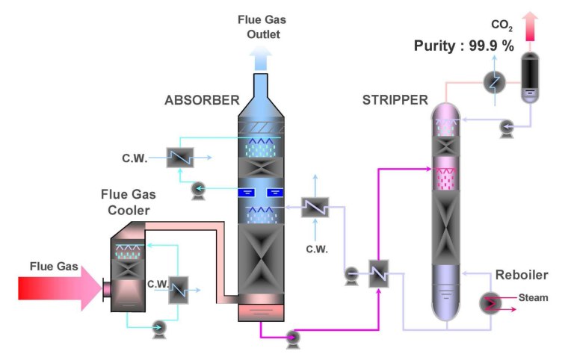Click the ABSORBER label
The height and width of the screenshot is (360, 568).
click(x=202, y=99)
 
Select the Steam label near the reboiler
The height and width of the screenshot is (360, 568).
click(x=534, y=298)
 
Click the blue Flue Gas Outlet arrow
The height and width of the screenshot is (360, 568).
click(x=261, y=56)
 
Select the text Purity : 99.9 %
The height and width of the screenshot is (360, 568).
click(x=464, y=46)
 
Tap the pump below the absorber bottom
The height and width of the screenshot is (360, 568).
click(x=292, y=339)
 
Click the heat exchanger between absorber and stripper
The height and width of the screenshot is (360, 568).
click(x=380, y=270)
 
